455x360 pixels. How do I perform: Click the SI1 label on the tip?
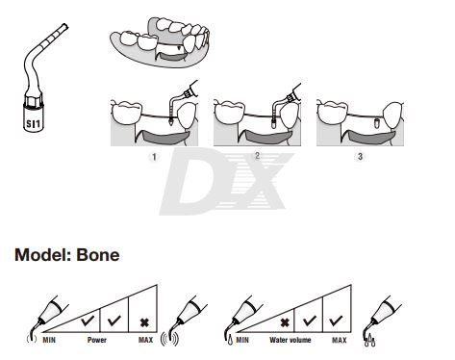pos(34,122)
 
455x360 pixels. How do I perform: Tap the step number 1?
pos(154,157)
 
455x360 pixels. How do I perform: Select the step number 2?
pos(257,156)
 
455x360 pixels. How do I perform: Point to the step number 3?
pos(360,157)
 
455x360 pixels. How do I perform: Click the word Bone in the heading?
pos(98,255)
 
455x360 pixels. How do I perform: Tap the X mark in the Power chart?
pos(144,322)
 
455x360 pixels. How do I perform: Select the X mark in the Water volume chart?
pos(285,322)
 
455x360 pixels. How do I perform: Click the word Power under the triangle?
pos(97,340)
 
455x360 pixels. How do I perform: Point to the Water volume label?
pos(291,340)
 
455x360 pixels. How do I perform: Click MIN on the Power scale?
pos(49,340)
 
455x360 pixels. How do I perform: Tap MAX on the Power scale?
pos(145,340)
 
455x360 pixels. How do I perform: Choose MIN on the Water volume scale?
pos(242,340)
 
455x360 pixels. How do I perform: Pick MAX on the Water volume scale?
pos(340,340)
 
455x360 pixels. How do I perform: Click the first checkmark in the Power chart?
pos(88,321)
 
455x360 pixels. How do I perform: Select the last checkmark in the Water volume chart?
pos(336,321)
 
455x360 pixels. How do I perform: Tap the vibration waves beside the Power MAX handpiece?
pos(169,339)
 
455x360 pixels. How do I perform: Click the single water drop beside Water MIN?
pos(230,341)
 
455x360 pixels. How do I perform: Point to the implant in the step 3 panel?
pos(377,123)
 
